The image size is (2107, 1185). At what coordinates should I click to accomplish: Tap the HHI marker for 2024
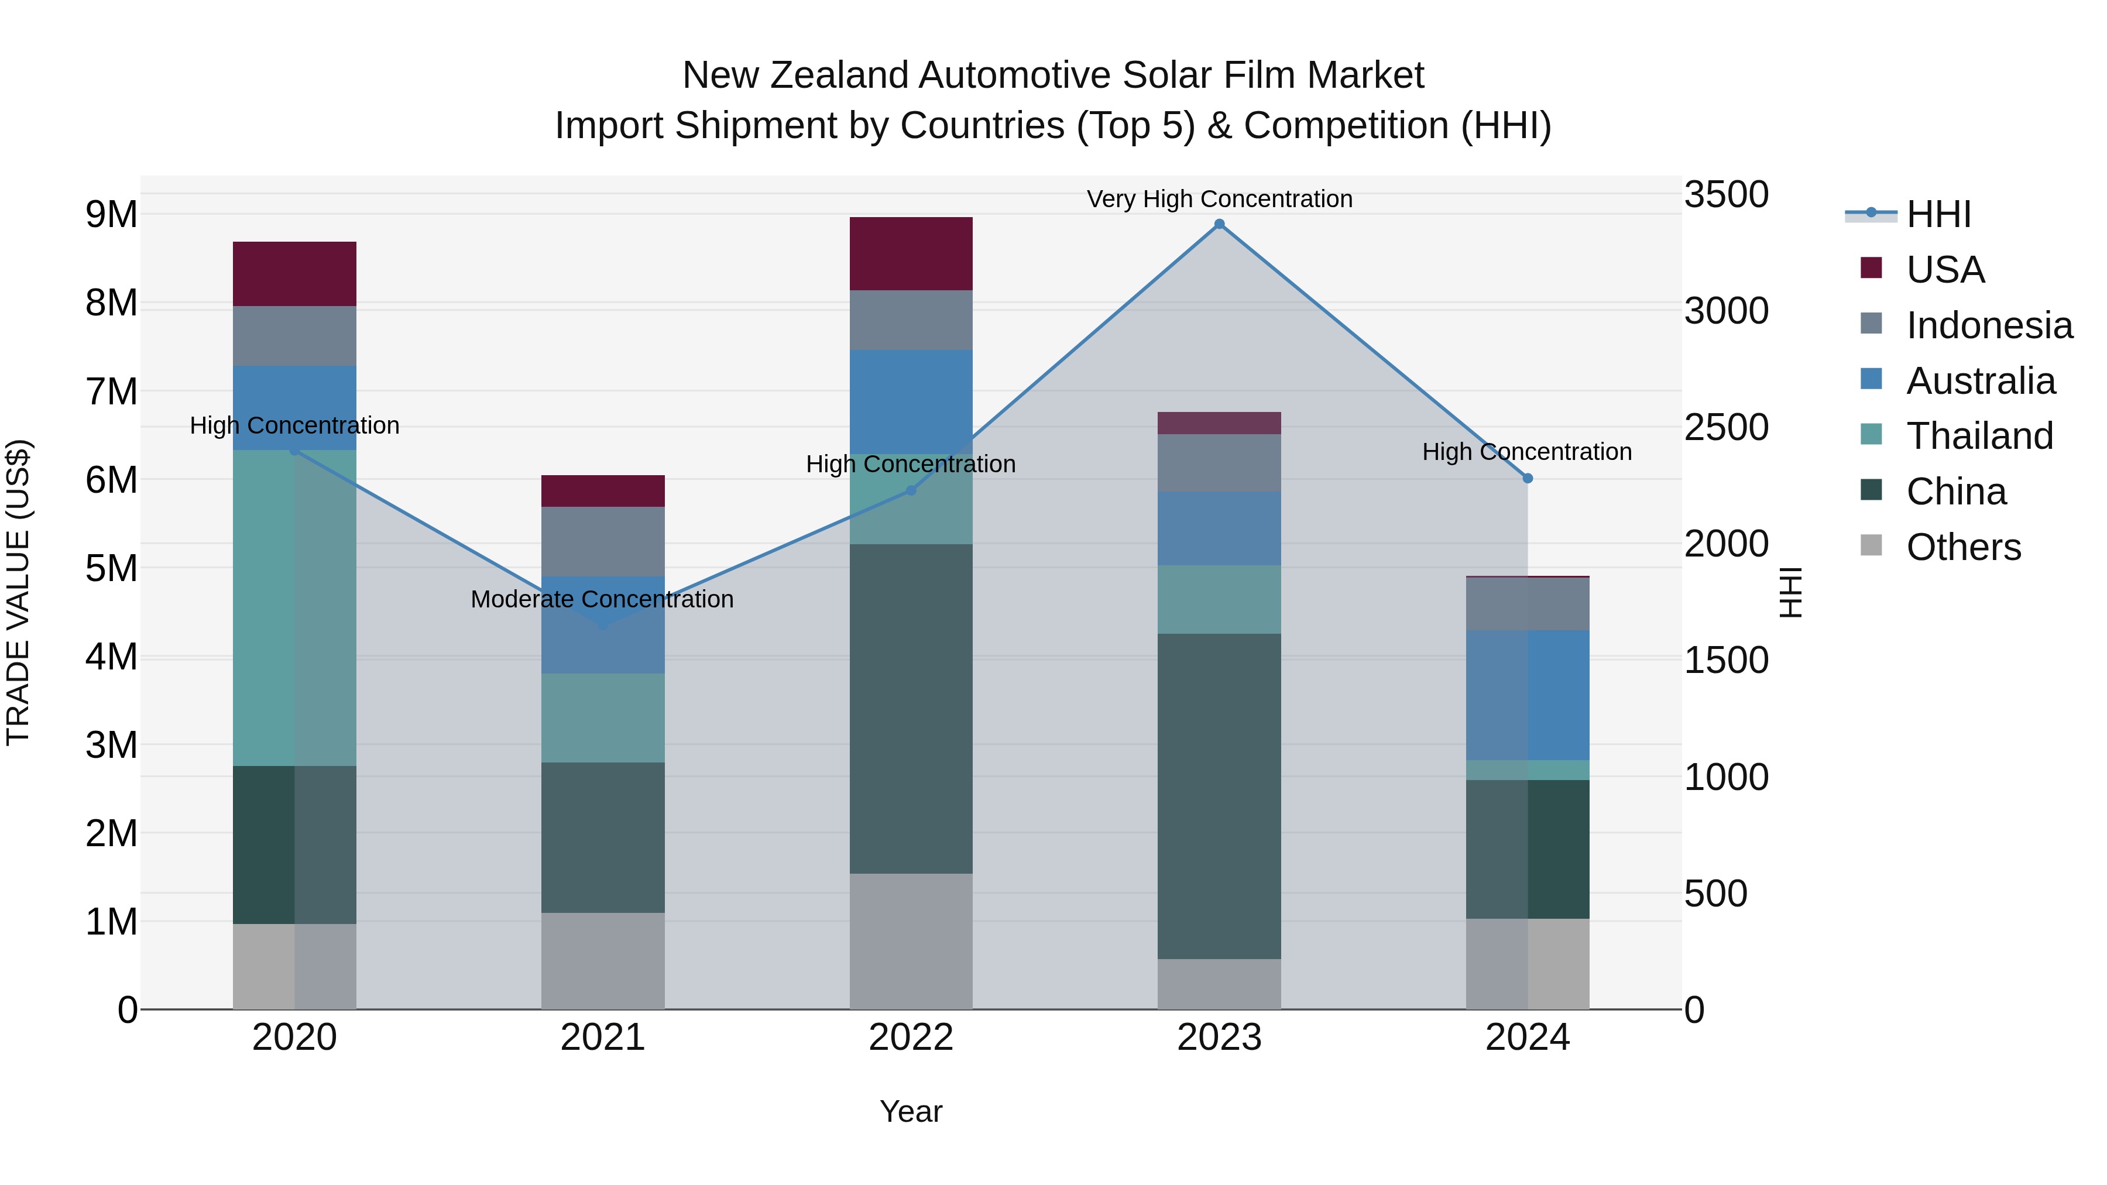(1527, 479)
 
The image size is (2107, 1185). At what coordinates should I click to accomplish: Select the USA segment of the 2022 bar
(911, 253)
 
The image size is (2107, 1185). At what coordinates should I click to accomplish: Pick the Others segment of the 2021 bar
(603, 960)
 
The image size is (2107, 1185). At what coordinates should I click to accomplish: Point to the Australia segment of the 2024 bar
(1527, 695)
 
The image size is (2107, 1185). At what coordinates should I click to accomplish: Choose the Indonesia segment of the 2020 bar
(294, 335)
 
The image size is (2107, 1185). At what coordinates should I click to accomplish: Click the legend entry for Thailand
(1979, 436)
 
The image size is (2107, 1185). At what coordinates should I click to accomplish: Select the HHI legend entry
(1938, 214)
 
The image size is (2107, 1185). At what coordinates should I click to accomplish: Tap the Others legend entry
(1963, 547)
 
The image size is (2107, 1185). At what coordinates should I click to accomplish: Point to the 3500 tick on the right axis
(1726, 195)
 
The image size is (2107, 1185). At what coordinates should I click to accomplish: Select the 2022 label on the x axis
(911, 1038)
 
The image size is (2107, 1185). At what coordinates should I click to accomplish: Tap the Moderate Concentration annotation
(602, 599)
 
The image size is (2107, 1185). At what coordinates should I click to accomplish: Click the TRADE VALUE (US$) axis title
(18, 592)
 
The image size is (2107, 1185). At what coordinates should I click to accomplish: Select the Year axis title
(911, 1111)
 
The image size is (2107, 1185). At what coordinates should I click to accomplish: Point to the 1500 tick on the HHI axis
(1726, 660)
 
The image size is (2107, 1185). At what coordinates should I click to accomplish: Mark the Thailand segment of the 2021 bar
(603, 718)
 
